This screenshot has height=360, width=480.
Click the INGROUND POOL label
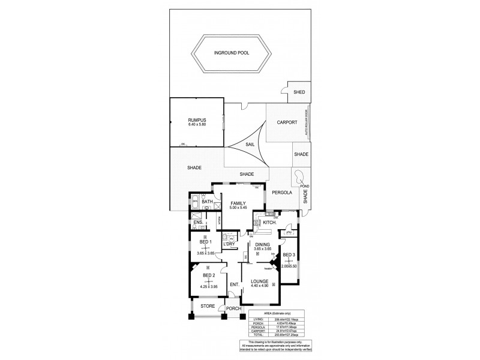tap(232, 53)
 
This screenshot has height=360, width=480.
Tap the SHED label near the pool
tap(299, 92)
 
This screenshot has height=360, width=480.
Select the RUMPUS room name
tap(196, 120)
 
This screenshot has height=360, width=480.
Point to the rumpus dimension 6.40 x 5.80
tap(196, 125)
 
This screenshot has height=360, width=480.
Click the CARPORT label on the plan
tap(287, 122)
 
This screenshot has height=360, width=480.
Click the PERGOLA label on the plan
tap(281, 193)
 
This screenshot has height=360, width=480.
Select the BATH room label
tap(208, 202)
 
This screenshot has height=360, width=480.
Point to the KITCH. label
tap(269, 223)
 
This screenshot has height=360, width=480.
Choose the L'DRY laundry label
tap(229, 245)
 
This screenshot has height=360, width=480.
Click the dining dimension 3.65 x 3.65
tap(262, 250)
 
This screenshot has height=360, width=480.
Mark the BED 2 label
tap(208, 275)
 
